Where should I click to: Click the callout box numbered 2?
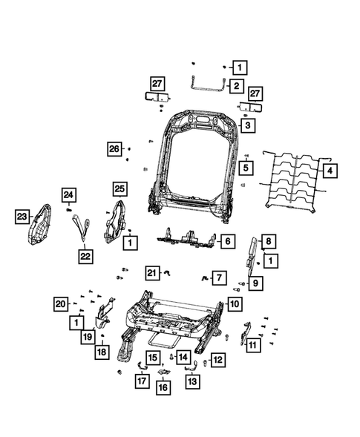click(x=236, y=87)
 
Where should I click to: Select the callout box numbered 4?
click(x=330, y=170)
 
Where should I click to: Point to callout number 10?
click(x=234, y=304)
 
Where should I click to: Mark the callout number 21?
click(x=151, y=272)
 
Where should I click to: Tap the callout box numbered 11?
click(x=254, y=344)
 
